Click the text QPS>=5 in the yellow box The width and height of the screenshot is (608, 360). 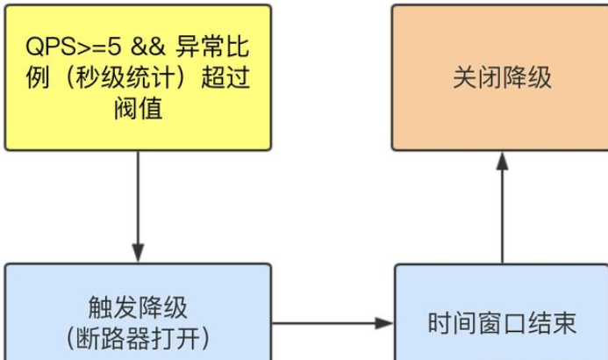coord(72,46)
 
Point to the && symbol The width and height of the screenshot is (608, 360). coord(145,46)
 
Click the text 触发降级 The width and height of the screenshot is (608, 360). coord(138,306)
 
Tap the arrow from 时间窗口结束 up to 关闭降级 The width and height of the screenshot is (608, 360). coord(502,211)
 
